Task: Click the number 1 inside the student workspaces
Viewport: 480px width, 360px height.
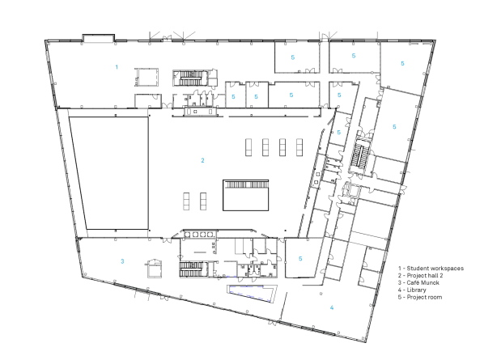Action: [117, 66]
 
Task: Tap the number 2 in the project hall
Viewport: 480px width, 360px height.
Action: [203, 160]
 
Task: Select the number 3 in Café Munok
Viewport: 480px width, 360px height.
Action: [122, 260]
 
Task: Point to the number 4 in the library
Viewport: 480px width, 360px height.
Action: [331, 307]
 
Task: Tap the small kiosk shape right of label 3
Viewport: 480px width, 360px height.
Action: [152, 269]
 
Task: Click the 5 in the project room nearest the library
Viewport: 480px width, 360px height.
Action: [300, 258]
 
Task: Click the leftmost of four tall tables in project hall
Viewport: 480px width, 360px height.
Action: [248, 147]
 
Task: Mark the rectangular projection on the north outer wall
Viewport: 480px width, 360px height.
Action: [97, 37]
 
